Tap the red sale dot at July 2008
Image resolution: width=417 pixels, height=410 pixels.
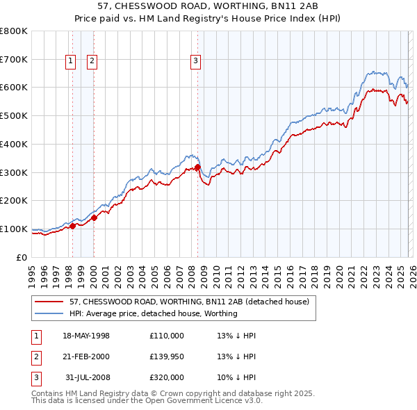(197, 167)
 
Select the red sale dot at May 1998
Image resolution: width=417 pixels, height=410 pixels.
(72, 225)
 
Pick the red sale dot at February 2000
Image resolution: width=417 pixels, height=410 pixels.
(94, 217)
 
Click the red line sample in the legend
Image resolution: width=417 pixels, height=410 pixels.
(49, 302)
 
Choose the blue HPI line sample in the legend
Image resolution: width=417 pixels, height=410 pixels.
(49, 313)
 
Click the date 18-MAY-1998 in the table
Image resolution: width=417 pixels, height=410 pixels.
(86, 336)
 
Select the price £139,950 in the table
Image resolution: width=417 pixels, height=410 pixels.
(166, 356)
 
